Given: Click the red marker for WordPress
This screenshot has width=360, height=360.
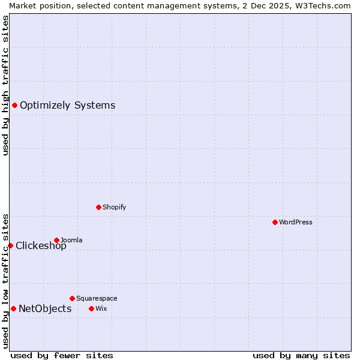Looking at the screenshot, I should (x=275, y=222).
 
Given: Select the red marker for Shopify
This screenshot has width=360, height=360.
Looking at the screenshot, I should (x=98, y=207).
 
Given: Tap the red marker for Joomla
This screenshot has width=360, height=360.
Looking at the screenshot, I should (x=56, y=240).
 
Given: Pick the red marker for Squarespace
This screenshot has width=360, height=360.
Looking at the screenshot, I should (x=72, y=298).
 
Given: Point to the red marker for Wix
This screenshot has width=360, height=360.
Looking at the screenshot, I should (x=91, y=308).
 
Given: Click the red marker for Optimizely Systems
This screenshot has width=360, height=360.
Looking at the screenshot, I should (x=14, y=105).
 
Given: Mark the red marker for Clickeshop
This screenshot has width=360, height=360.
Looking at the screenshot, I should (x=10, y=245).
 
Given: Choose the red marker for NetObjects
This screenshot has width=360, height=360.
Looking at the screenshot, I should (x=13, y=308).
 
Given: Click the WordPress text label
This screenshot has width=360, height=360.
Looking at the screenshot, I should (x=296, y=222).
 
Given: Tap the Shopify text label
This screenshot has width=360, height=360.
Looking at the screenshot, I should (x=114, y=207).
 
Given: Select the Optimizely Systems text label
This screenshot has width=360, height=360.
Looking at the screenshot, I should (x=67, y=106).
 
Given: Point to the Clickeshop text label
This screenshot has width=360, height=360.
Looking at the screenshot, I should (x=41, y=246).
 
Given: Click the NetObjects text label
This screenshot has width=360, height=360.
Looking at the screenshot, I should (x=45, y=309).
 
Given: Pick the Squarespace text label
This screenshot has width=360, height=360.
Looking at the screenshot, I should (x=97, y=298).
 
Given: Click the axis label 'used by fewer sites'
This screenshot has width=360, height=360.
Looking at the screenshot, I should (x=62, y=355).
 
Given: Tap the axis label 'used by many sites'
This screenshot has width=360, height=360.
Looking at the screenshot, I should (x=301, y=355).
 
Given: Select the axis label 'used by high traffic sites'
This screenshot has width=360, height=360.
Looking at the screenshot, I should (x=5, y=85).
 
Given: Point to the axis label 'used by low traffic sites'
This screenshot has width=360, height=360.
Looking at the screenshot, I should (x=5, y=281).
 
